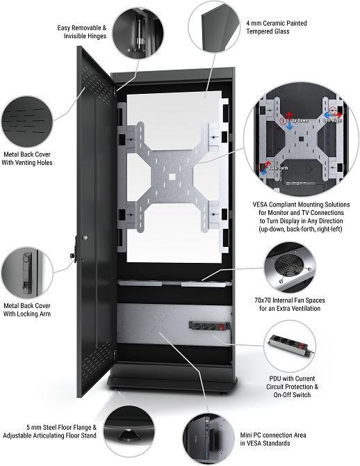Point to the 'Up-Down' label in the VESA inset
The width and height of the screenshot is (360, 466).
pos(300,120)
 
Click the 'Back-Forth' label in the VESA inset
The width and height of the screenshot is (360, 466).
pos(277,168)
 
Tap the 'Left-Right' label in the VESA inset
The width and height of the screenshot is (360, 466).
pos(332,120)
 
